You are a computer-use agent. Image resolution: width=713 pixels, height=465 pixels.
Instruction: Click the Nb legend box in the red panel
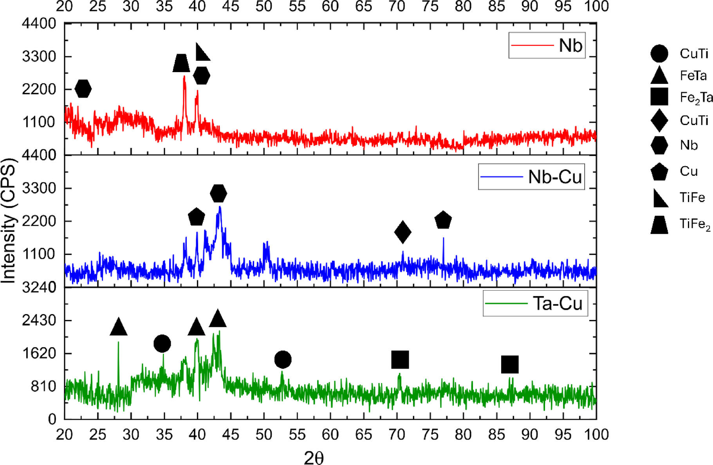click(547, 45)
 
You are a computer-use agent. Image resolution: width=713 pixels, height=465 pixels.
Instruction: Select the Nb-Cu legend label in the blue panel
click(555, 177)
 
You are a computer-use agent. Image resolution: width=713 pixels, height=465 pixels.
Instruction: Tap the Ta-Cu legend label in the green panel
click(558, 304)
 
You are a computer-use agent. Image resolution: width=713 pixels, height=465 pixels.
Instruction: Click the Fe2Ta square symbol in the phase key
click(659, 97)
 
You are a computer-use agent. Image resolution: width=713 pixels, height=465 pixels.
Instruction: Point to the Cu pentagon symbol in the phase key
click(659, 172)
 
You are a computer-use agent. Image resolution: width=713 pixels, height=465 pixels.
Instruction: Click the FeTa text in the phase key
click(693, 76)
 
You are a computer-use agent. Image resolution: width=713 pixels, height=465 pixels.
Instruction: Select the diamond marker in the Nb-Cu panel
click(403, 232)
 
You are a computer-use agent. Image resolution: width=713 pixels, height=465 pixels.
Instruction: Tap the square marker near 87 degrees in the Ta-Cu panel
click(510, 364)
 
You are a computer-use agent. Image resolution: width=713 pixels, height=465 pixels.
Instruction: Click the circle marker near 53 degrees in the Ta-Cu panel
click(283, 359)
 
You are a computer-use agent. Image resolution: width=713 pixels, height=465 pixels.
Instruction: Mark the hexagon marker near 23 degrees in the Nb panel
click(83, 89)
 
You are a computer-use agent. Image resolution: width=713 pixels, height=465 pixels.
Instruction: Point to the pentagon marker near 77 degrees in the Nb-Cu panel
click(443, 220)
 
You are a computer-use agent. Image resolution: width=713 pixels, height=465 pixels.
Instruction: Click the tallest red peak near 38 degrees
click(184, 78)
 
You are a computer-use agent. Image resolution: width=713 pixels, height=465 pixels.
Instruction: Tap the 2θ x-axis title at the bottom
click(314, 458)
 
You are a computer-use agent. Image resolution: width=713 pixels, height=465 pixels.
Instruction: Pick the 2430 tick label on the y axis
click(39, 320)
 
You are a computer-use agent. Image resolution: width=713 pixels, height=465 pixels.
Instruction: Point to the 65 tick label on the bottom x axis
click(363, 434)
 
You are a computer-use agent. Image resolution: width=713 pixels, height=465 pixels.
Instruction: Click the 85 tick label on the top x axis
click(496, 6)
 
